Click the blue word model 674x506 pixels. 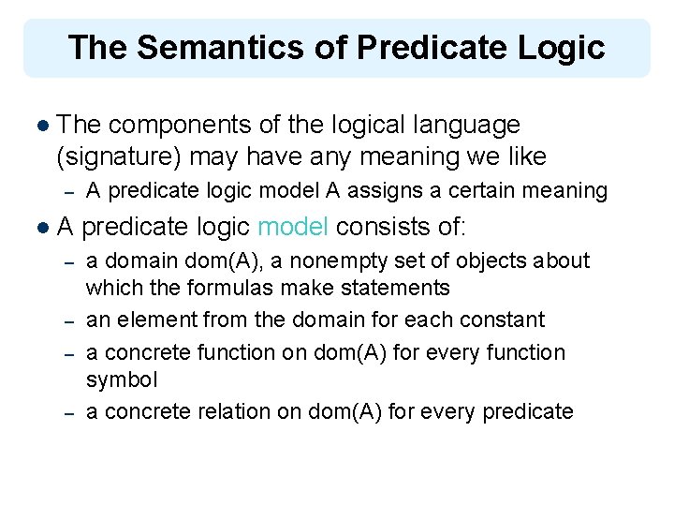[x=293, y=227]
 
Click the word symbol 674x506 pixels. [x=122, y=379]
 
